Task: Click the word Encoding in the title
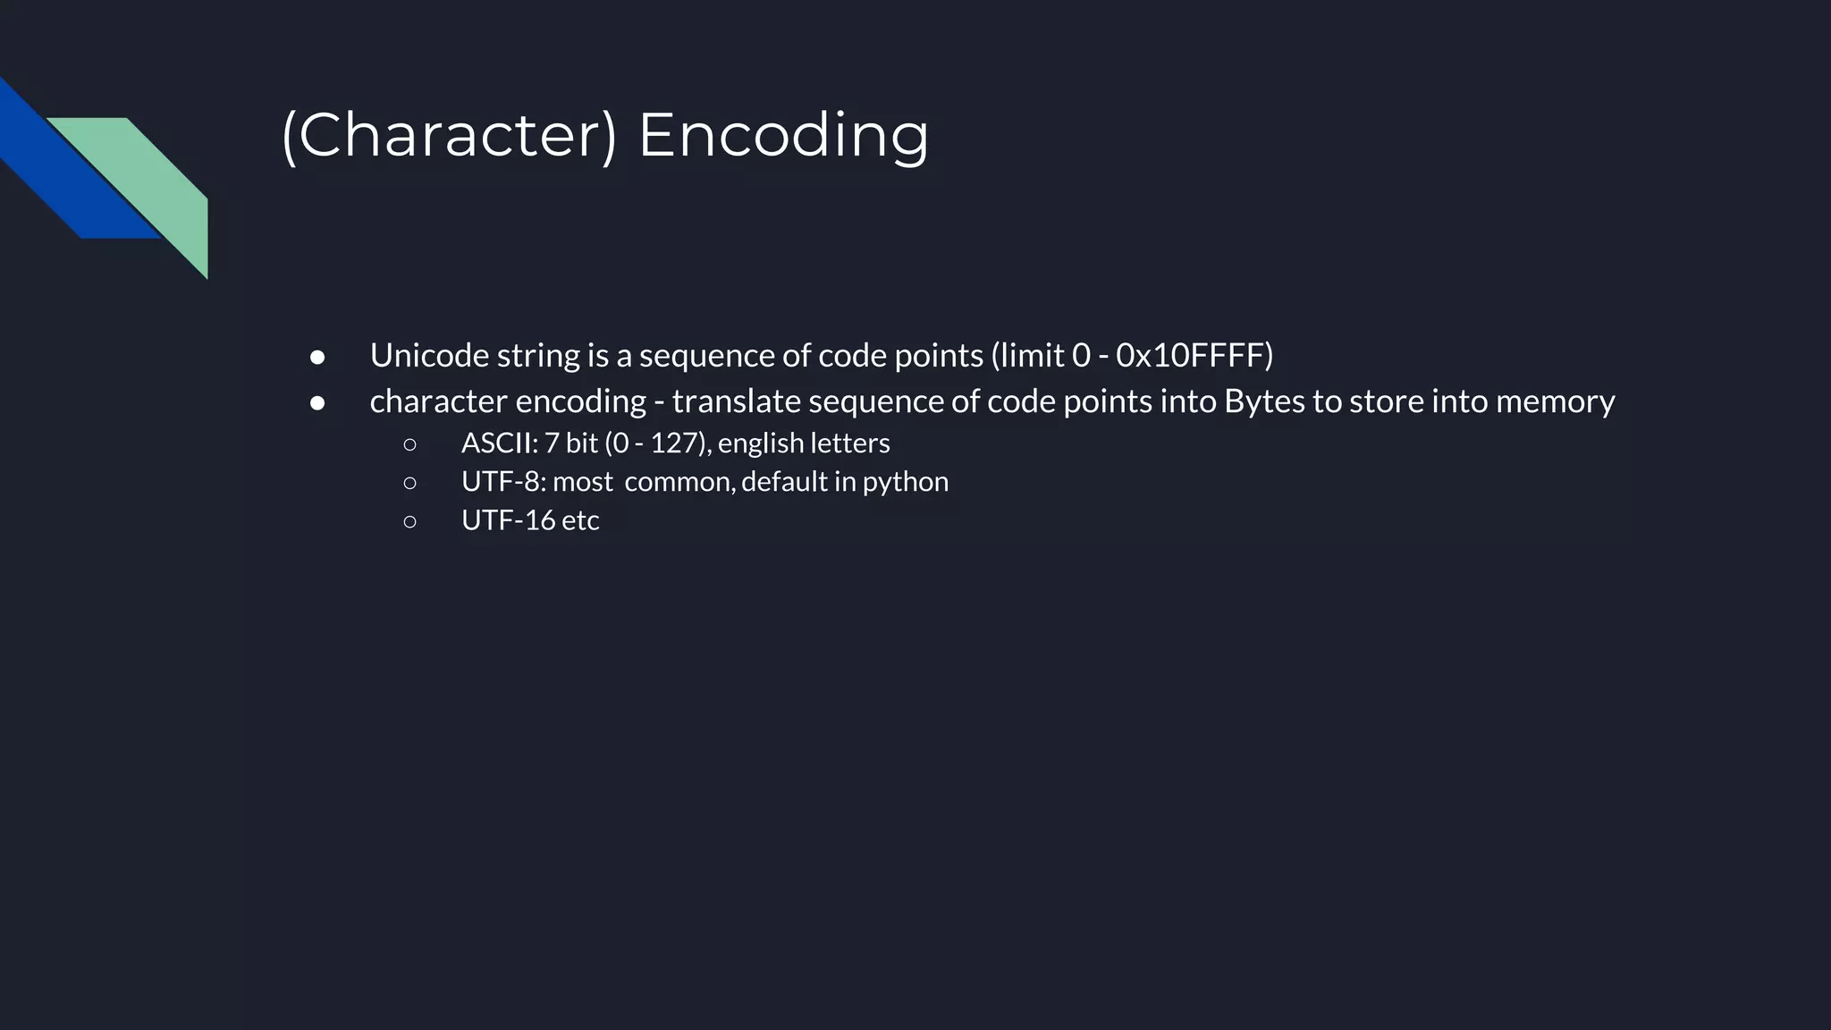pyautogui.click(x=783, y=136)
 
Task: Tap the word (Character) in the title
pyautogui.click(x=449, y=136)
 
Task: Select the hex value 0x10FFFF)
pyautogui.click(x=1194, y=356)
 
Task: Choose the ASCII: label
pyautogui.click(x=500, y=443)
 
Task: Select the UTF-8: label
pyautogui.click(x=503, y=482)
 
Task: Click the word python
pyautogui.click(x=905, y=483)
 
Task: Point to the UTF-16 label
pyautogui.click(x=508, y=520)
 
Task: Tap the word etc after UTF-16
pyautogui.click(x=580, y=520)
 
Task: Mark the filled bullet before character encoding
pyautogui.click(x=317, y=403)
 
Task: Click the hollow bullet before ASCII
pyautogui.click(x=409, y=444)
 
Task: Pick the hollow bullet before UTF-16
pyautogui.click(x=409, y=521)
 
